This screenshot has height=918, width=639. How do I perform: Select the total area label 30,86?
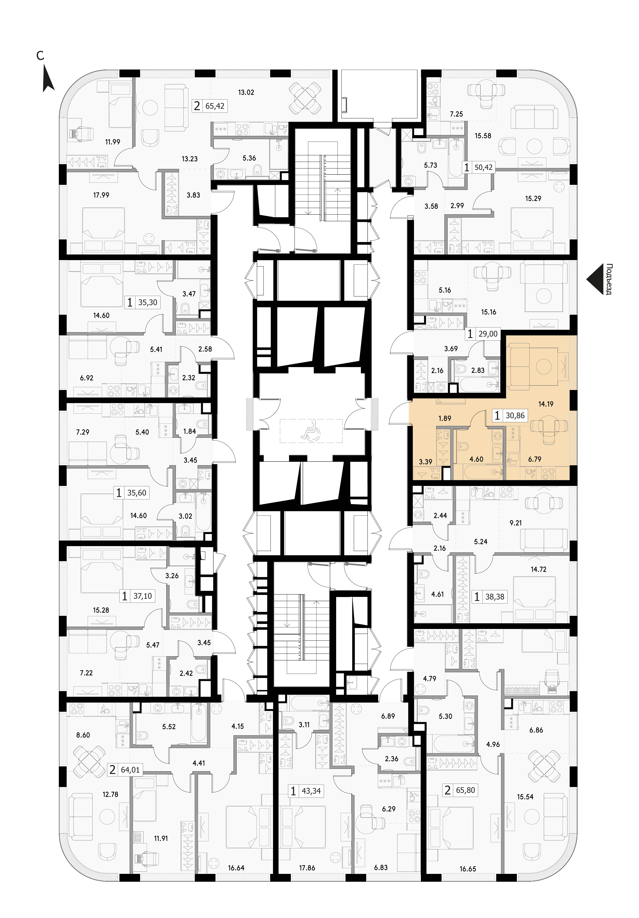515,415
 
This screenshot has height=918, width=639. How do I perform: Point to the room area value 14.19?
546,404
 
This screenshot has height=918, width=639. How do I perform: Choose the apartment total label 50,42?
483,167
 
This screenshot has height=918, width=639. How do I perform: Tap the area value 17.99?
101,195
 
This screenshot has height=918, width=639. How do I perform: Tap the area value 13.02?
246,92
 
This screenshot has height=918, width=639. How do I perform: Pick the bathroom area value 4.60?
476,459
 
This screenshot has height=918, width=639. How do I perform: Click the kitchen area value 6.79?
535,459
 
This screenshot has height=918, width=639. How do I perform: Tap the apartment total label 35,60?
136,493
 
